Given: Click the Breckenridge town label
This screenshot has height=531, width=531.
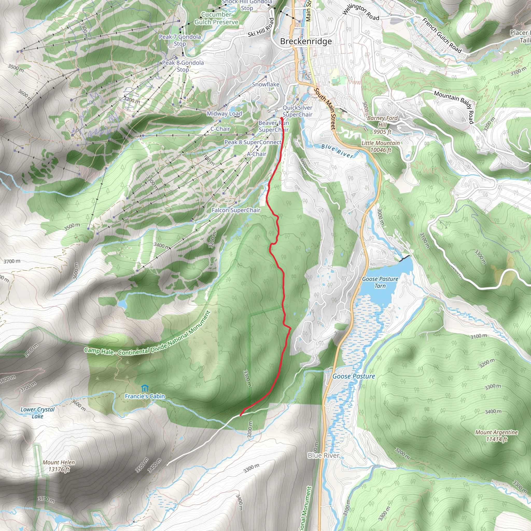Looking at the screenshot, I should click(x=306, y=41).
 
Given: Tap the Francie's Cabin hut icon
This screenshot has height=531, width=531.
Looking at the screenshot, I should click(x=145, y=388).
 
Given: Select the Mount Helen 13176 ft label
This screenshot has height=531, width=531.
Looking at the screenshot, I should click(x=59, y=466).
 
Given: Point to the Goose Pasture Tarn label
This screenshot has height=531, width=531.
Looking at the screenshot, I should click(x=380, y=282).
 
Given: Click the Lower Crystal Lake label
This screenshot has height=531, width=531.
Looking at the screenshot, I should click(x=38, y=413).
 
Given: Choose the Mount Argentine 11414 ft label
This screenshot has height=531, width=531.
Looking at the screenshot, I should click(x=496, y=436).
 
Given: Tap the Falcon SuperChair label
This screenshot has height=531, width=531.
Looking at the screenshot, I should click(x=236, y=210).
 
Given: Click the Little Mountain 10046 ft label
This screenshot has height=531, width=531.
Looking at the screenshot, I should click(x=380, y=146).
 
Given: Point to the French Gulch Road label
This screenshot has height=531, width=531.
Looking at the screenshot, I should click(x=442, y=36).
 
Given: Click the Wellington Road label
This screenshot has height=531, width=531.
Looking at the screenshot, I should click(x=361, y=12).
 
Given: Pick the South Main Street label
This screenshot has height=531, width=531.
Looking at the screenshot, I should click(x=325, y=109).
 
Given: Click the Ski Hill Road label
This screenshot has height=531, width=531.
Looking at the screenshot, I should click(x=261, y=28).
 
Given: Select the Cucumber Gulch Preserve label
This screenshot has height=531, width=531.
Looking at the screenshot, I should click(x=216, y=18).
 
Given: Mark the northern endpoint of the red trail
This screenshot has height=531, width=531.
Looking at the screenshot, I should click(x=282, y=118).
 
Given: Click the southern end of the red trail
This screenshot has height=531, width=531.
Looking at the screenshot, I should click(x=241, y=415).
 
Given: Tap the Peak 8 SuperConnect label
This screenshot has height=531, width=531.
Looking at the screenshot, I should click(x=253, y=142).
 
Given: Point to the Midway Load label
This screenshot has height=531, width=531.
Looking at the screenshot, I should click(x=224, y=114).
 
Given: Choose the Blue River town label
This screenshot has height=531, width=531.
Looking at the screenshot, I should click(x=324, y=455).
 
